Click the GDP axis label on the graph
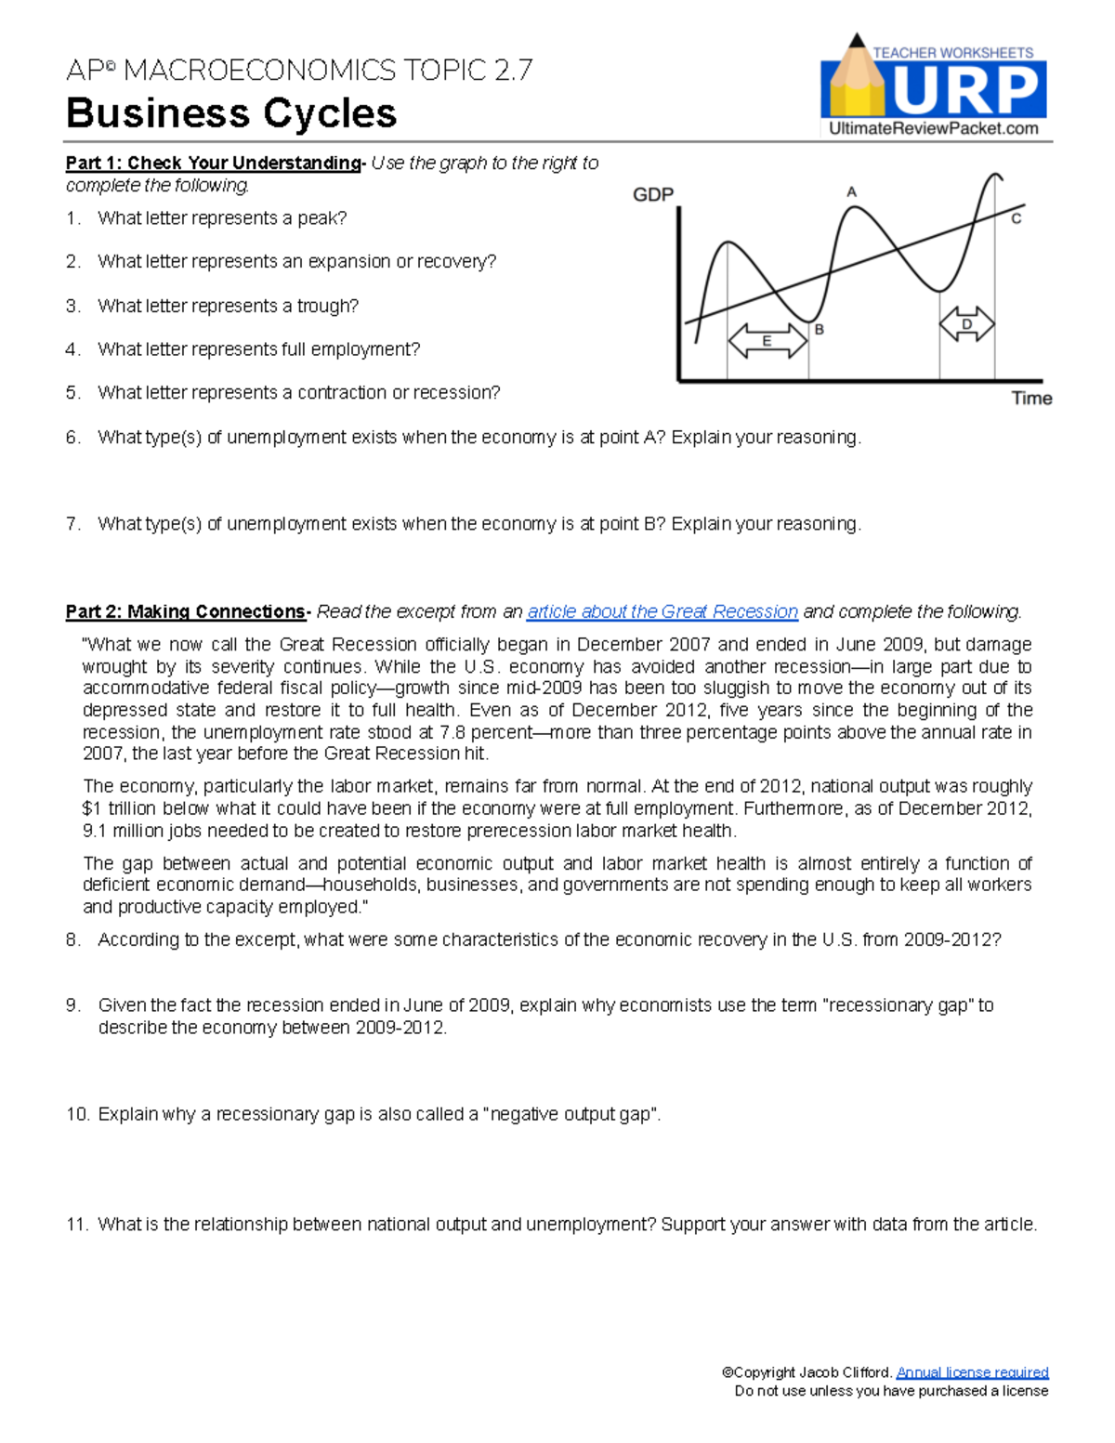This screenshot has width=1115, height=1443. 653,194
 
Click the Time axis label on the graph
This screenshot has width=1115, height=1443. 1031,399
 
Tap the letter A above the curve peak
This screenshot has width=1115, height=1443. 851,192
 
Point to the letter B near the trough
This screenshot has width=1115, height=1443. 819,330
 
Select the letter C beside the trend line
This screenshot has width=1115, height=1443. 1016,219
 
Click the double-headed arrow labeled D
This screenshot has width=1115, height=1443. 966,324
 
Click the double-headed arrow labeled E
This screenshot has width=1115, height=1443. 767,341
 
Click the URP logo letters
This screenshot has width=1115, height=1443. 966,91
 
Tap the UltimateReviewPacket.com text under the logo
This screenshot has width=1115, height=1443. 933,129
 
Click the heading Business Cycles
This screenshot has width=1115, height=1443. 231,113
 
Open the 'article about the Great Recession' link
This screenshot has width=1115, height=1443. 662,611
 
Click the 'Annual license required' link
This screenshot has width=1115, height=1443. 972,1372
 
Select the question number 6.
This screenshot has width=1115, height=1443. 72,438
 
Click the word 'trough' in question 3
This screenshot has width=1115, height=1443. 326,306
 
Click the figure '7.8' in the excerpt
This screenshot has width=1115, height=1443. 453,732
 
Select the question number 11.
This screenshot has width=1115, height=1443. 76,1225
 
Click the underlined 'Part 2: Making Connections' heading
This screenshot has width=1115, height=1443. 185,611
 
